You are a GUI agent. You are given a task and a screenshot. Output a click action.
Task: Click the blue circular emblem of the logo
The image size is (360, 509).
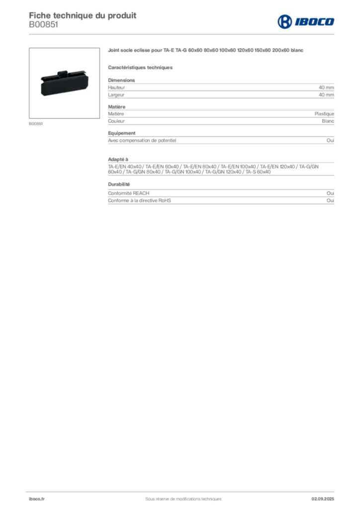pos(284,21)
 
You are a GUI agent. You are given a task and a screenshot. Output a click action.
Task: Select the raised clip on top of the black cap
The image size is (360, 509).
pos(62,74)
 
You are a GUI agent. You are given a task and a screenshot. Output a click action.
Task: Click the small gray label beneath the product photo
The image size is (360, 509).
pos(36,123)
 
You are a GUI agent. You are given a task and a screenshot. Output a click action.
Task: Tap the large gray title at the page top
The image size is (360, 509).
pos(83,14)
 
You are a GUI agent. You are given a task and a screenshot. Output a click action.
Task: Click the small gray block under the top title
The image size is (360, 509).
pos(43,28)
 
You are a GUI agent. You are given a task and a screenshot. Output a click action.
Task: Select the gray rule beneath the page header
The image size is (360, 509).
pos(199,33)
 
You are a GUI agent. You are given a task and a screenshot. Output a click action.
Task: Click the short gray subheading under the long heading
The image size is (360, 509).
pos(141,67)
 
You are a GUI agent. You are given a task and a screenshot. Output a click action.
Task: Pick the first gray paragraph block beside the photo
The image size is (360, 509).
pos(221,89)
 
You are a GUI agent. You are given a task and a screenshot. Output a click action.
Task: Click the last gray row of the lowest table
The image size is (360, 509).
pos(221,203)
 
